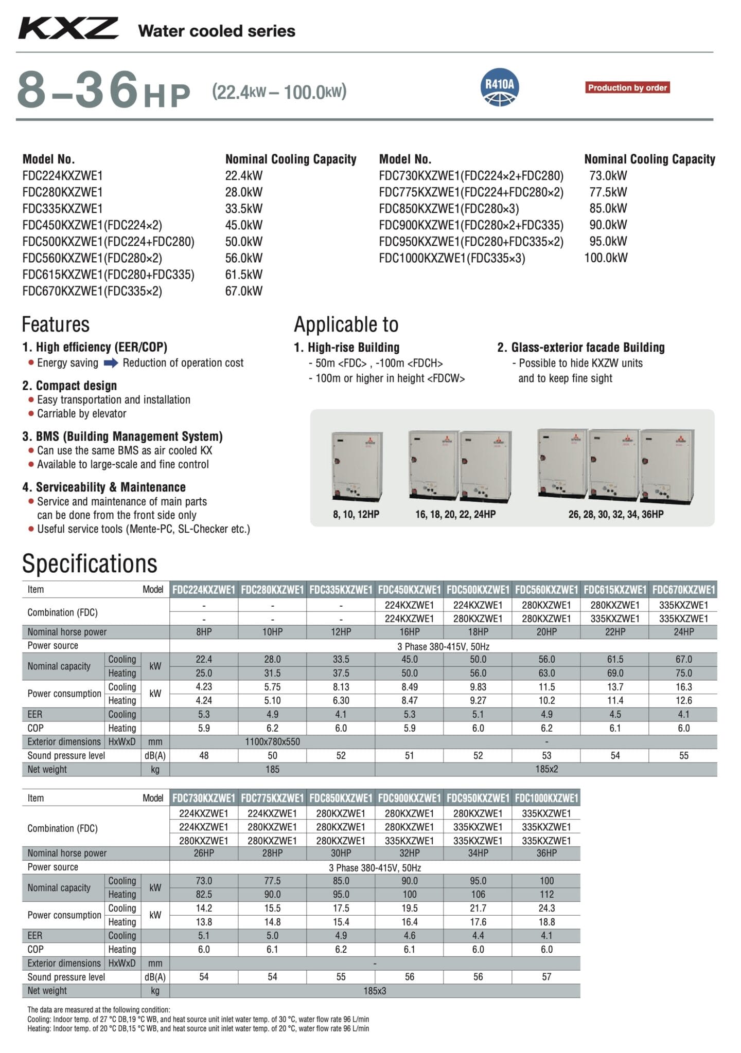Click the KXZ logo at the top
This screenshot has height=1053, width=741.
68,28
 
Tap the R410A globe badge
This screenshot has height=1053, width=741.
499,87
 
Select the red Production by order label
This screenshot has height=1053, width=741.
627,88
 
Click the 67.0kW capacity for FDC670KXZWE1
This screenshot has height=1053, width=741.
244,291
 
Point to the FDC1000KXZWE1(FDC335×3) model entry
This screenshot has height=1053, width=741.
452,258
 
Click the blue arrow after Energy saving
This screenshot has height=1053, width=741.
111,363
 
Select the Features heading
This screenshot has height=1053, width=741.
56,325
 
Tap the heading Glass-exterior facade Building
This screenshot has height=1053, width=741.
581,348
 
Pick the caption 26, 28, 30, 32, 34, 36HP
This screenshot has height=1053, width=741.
615,514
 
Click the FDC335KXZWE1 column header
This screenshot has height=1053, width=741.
341,590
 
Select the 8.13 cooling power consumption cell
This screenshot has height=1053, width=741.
341,687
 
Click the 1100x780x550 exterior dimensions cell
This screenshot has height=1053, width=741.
272,742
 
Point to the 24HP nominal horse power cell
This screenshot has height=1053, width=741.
683,632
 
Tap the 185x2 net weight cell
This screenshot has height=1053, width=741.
546,770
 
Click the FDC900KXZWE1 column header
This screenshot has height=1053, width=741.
409,798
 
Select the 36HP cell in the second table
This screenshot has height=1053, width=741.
546,853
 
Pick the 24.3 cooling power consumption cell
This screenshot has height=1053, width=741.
546,908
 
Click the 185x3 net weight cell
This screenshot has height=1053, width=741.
375,991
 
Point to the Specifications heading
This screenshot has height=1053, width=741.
90,564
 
